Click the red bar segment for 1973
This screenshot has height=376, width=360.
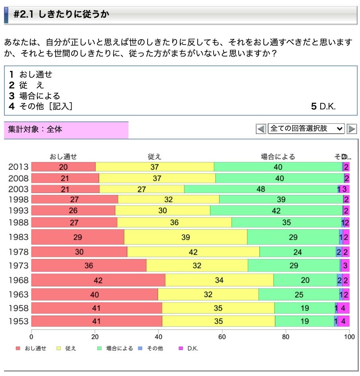89,265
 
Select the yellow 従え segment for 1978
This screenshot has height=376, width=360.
193,252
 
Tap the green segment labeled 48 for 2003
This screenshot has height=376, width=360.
261,189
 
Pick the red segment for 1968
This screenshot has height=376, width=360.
98,280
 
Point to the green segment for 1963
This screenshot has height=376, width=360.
299,294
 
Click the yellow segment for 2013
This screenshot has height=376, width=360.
155,167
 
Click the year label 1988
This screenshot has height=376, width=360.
18,222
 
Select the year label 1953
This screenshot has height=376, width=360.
18,321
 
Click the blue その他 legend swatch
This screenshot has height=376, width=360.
140,349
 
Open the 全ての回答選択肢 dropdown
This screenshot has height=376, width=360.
306,129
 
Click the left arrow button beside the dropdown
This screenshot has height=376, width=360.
261,129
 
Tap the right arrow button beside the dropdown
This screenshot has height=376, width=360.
352,129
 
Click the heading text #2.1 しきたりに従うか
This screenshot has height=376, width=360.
61,15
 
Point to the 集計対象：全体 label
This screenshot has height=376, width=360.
35,129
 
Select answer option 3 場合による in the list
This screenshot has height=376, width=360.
35,96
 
